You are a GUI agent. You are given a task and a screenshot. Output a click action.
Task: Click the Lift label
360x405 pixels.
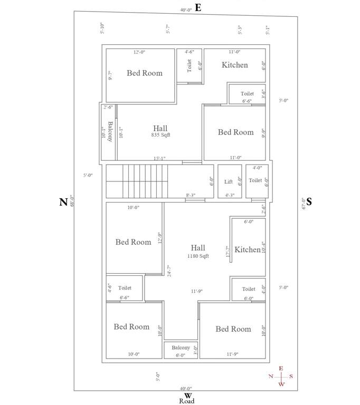(228, 182)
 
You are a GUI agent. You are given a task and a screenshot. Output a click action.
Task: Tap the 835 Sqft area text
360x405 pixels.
(160, 135)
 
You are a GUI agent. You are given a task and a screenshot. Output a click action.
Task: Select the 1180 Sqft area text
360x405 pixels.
(198, 256)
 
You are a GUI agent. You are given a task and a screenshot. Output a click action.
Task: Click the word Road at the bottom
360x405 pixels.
(186, 401)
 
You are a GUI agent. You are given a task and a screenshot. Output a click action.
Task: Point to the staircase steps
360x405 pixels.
(145, 181)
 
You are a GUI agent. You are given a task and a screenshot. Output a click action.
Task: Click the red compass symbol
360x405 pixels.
(281, 376)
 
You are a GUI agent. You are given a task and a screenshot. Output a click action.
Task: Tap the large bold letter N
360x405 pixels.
(63, 202)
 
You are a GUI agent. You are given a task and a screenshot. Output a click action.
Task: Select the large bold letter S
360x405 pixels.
(309, 201)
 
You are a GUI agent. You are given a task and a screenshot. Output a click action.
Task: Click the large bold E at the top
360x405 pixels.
(198, 7)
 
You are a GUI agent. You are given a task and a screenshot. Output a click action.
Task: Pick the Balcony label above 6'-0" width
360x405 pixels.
(181, 348)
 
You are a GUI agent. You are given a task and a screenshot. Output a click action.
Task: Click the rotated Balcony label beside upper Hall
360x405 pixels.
(110, 132)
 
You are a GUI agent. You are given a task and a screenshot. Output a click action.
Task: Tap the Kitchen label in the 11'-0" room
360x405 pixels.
(234, 65)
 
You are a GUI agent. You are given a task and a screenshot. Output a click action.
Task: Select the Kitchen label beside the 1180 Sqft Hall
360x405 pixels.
(248, 249)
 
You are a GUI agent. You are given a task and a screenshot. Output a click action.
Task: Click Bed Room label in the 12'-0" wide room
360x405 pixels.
(145, 73)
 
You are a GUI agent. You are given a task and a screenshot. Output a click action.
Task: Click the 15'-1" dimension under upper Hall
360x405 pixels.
(160, 158)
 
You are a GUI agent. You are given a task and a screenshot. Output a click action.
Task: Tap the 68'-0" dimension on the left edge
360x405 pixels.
(71, 201)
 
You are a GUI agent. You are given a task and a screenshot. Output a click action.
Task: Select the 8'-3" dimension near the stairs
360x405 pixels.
(192, 195)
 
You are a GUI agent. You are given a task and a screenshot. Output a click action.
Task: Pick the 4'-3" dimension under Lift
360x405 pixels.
(230, 195)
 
